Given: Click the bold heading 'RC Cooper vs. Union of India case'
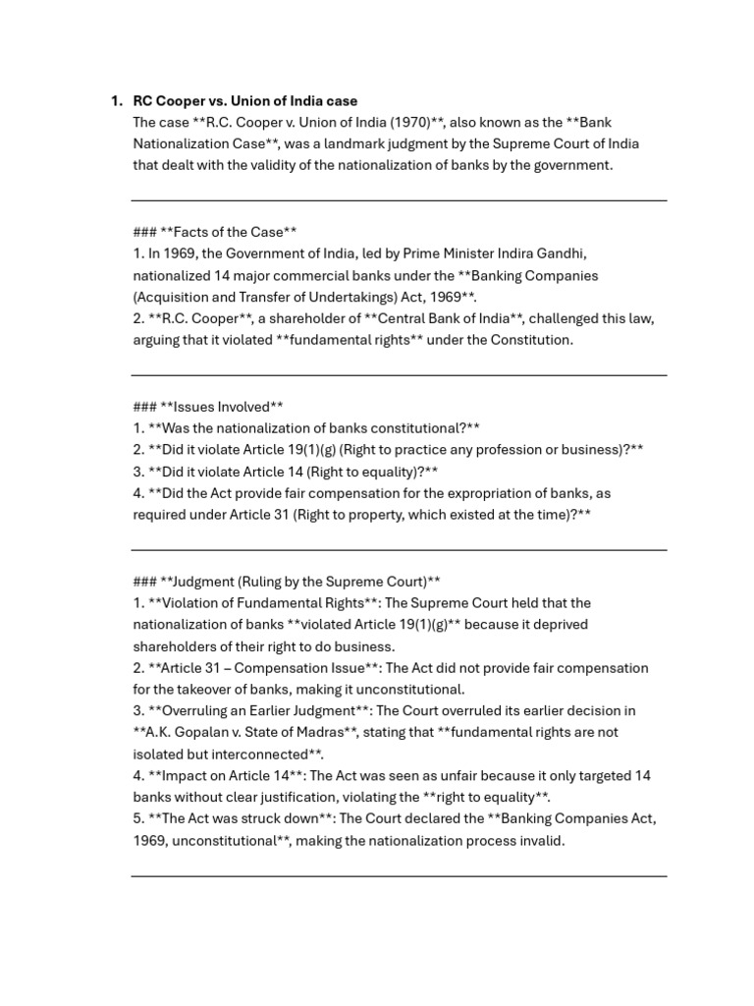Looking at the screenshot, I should pos(244,101).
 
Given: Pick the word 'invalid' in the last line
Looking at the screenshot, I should pos(542,841).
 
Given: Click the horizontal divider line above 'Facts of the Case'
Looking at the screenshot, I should pos(399,200).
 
